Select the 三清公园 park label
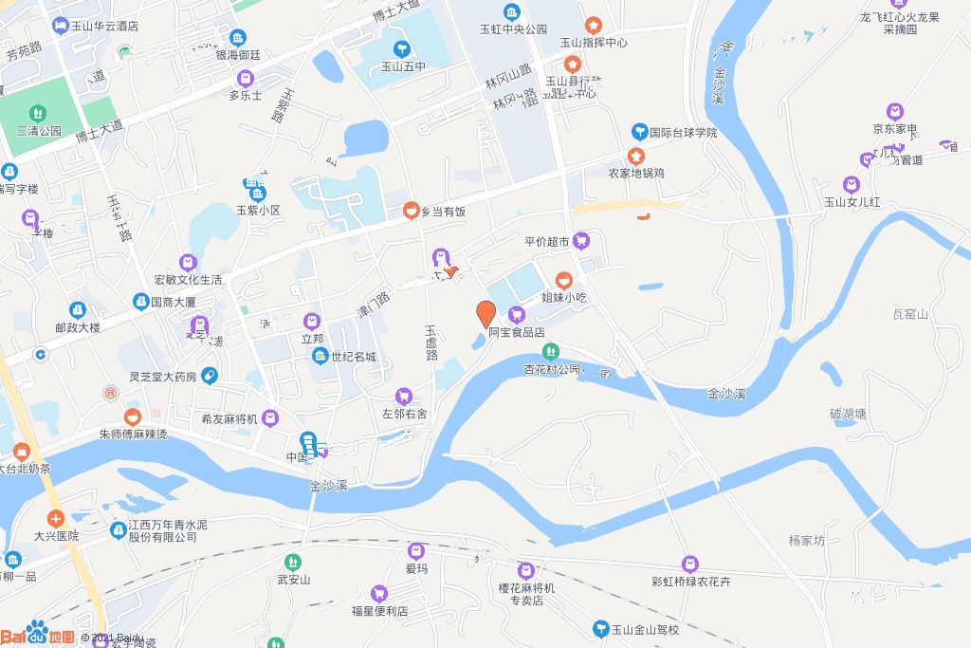(x=39, y=131)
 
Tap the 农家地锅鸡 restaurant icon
(x=634, y=156)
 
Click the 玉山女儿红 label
(x=852, y=202)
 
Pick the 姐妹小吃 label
(x=564, y=297)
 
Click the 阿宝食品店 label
(x=516, y=332)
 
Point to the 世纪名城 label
(x=353, y=357)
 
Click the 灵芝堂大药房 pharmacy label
(x=163, y=377)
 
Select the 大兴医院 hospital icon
(x=56, y=518)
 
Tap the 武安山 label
(x=293, y=579)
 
